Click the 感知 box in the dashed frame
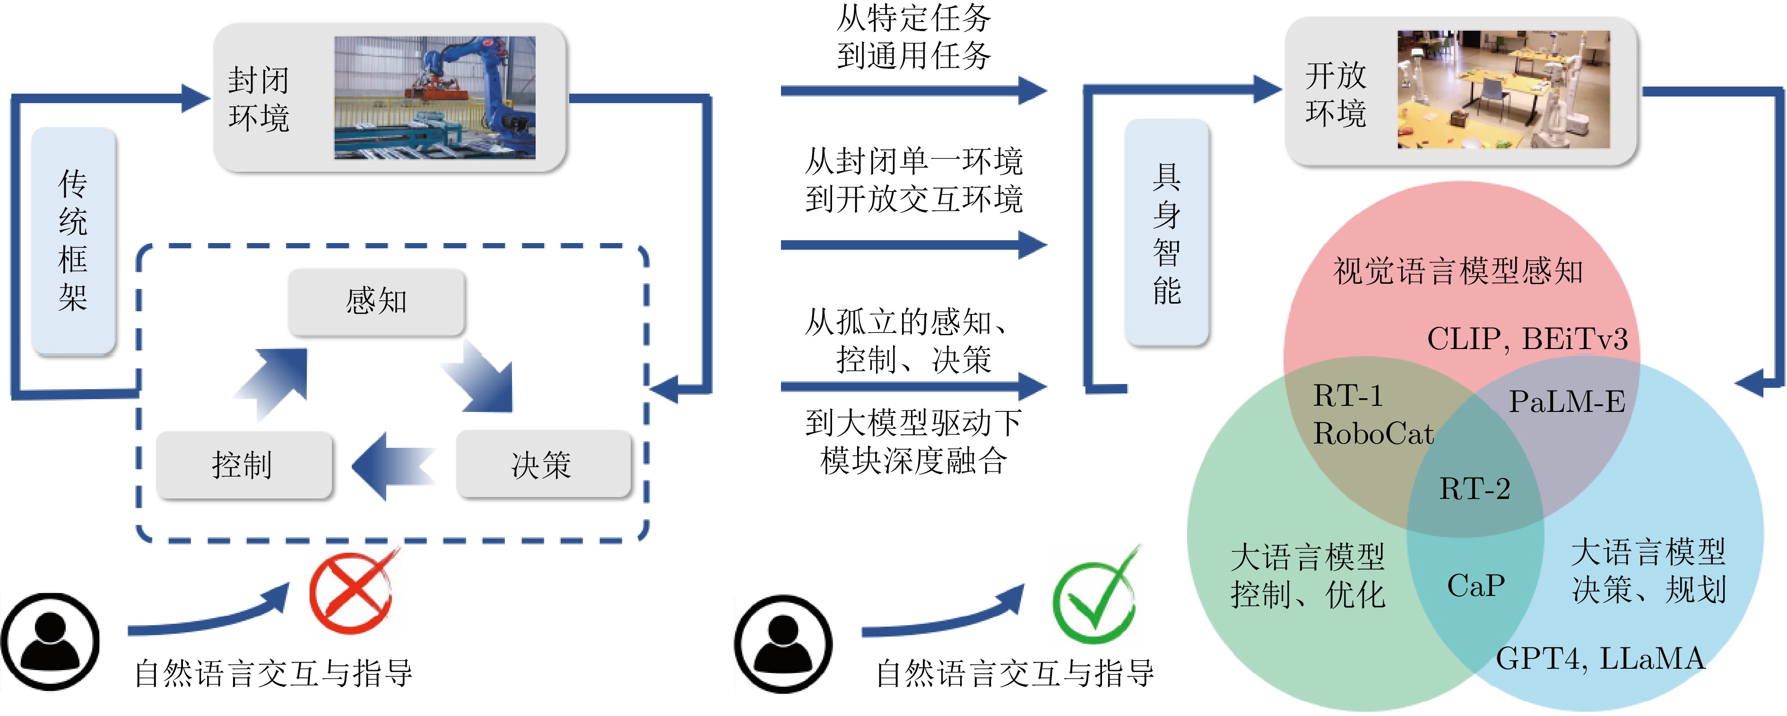[376, 302]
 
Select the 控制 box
[243, 464]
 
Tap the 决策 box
[543, 464]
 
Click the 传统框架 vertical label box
[73, 241]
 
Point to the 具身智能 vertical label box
[1166, 232]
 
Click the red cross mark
[352, 591]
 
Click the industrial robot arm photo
[434, 98]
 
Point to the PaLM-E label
[1566, 402]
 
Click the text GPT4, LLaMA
[1599, 658]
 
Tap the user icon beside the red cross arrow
[50, 642]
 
